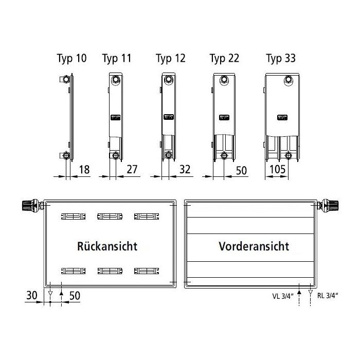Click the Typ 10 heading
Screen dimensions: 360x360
pyautogui.click(x=71, y=58)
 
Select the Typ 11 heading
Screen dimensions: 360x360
pyautogui.click(x=117, y=58)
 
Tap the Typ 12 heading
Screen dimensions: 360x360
pyautogui.click(x=171, y=58)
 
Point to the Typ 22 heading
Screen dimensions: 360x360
pyautogui.click(x=224, y=58)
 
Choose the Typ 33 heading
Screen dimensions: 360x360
pyautogui.click(x=281, y=58)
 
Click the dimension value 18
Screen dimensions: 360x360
pyautogui.click(x=84, y=170)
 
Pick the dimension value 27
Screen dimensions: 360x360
pyautogui.click(x=132, y=169)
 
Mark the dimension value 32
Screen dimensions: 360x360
pyautogui.click(x=185, y=169)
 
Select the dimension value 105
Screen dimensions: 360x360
pyautogui.click(x=277, y=169)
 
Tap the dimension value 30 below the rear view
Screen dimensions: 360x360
pyautogui.click(x=32, y=295)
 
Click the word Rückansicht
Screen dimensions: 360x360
pyautogui.click(x=107, y=246)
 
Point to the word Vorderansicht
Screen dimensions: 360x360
pyautogui.click(x=254, y=246)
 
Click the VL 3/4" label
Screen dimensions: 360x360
pyautogui.click(x=283, y=296)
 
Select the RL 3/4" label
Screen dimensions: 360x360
pyautogui.click(x=328, y=296)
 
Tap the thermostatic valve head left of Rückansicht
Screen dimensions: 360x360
pyautogui.click(x=30, y=205)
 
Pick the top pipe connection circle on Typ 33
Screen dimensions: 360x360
pyautogui.click(x=289, y=80)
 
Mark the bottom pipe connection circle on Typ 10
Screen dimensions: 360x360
pyautogui.click(x=66, y=155)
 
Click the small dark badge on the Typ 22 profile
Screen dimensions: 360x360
pyautogui.click(x=224, y=118)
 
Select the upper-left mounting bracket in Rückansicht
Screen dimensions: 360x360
pyautogui.click(x=73, y=217)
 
